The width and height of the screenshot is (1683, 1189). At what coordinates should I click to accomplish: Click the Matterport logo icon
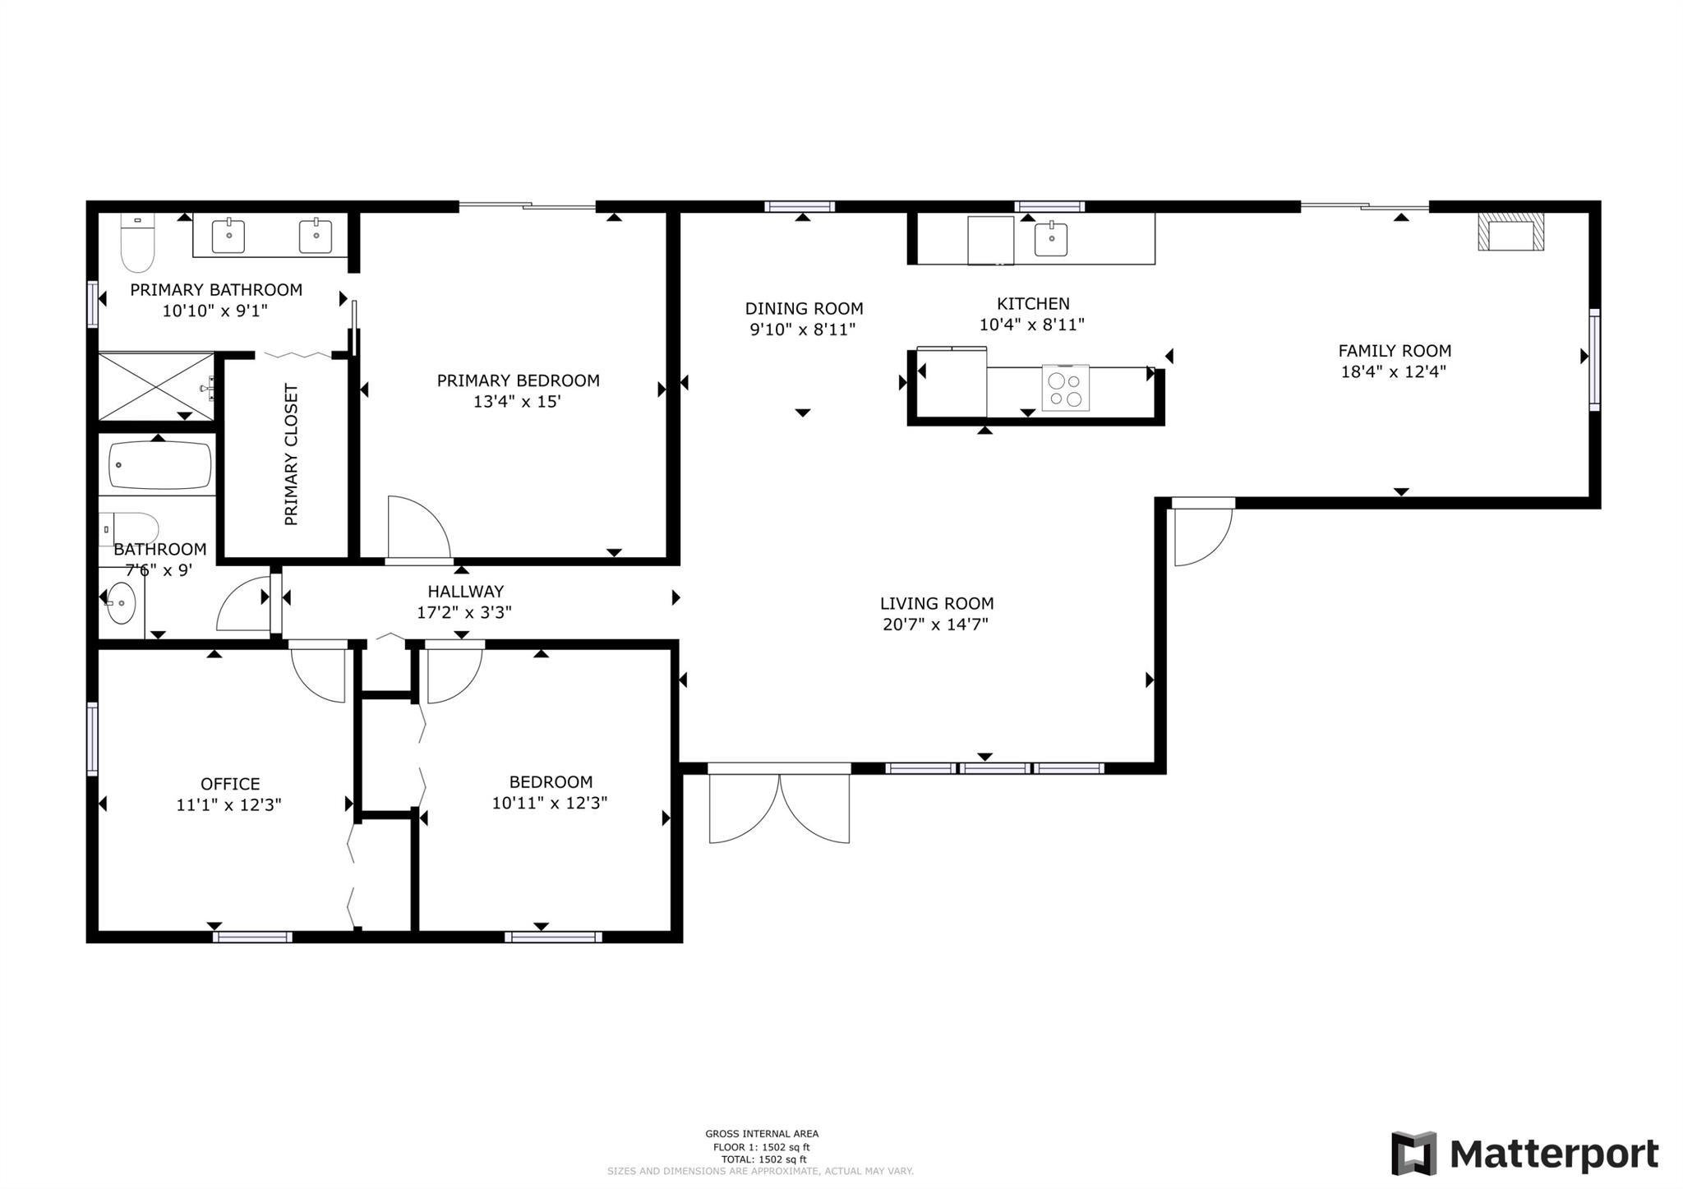click(x=1413, y=1153)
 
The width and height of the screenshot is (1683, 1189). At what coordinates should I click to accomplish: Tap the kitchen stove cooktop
click(x=1065, y=388)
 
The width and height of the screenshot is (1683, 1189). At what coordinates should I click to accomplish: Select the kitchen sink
click(x=1050, y=239)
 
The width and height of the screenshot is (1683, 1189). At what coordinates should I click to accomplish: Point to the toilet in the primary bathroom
click(x=137, y=242)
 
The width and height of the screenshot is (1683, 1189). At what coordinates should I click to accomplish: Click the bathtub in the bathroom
click(x=160, y=465)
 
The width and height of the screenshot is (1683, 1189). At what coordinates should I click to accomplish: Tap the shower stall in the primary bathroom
click(x=157, y=386)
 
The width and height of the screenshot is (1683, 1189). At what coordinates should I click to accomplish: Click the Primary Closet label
click(x=291, y=454)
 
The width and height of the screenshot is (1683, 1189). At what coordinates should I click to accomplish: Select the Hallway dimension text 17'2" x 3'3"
click(x=464, y=612)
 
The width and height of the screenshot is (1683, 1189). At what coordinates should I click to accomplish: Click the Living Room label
click(x=937, y=603)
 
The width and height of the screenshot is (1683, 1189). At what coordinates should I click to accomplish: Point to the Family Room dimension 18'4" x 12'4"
click(x=1394, y=371)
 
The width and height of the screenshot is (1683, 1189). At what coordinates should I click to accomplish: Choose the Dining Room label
click(x=804, y=308)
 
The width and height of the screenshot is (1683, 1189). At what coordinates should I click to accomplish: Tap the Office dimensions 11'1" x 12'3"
click(x=229, y=804)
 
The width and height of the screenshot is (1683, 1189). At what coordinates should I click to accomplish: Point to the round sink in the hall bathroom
click(x=122, y=603)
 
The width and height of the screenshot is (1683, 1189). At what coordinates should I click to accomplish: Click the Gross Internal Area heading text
click(x=762, y=1134)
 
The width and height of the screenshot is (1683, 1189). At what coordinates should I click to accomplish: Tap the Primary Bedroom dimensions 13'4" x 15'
click(x=517, y=402)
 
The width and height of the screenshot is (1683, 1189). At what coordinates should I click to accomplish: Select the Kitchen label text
click(x=1033, y=303)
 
